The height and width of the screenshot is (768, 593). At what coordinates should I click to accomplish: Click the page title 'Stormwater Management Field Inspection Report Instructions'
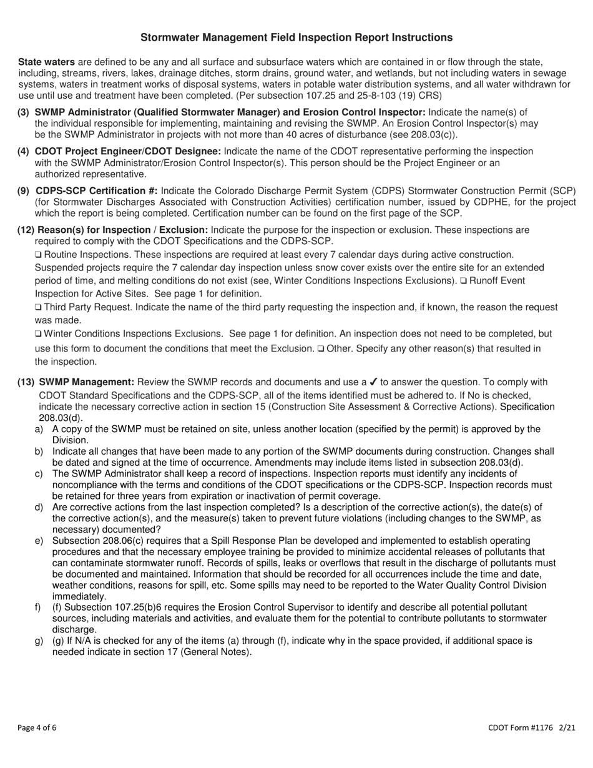pos(296,37)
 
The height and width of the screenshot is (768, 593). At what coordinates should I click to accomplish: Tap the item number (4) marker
pos(23,152)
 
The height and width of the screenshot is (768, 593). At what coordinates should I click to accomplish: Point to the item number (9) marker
pos(23,191)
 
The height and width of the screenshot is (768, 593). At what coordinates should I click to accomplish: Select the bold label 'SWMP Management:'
pos(86,383)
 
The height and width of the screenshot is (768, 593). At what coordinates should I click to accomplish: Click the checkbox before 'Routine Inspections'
pos(38,255)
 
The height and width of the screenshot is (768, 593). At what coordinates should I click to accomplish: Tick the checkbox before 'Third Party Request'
pos(38,308)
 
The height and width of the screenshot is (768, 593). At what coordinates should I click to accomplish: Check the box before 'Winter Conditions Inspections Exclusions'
pos(38,334)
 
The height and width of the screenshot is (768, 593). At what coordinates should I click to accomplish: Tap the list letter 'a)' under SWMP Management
pos(39,429)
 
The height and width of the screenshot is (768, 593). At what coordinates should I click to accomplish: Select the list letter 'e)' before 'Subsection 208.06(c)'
pos(39,541)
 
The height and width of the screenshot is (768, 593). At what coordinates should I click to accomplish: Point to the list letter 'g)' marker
pos(39,641)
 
